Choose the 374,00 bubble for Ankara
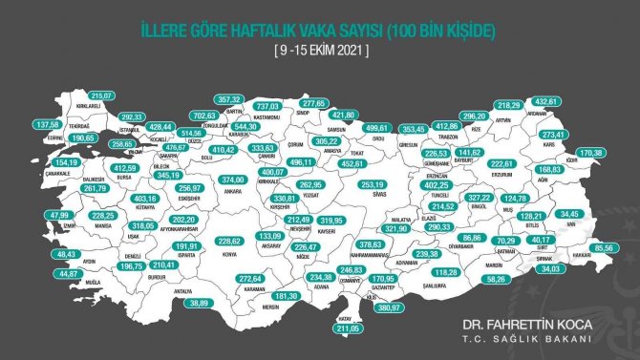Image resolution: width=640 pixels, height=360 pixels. coord(235,180)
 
